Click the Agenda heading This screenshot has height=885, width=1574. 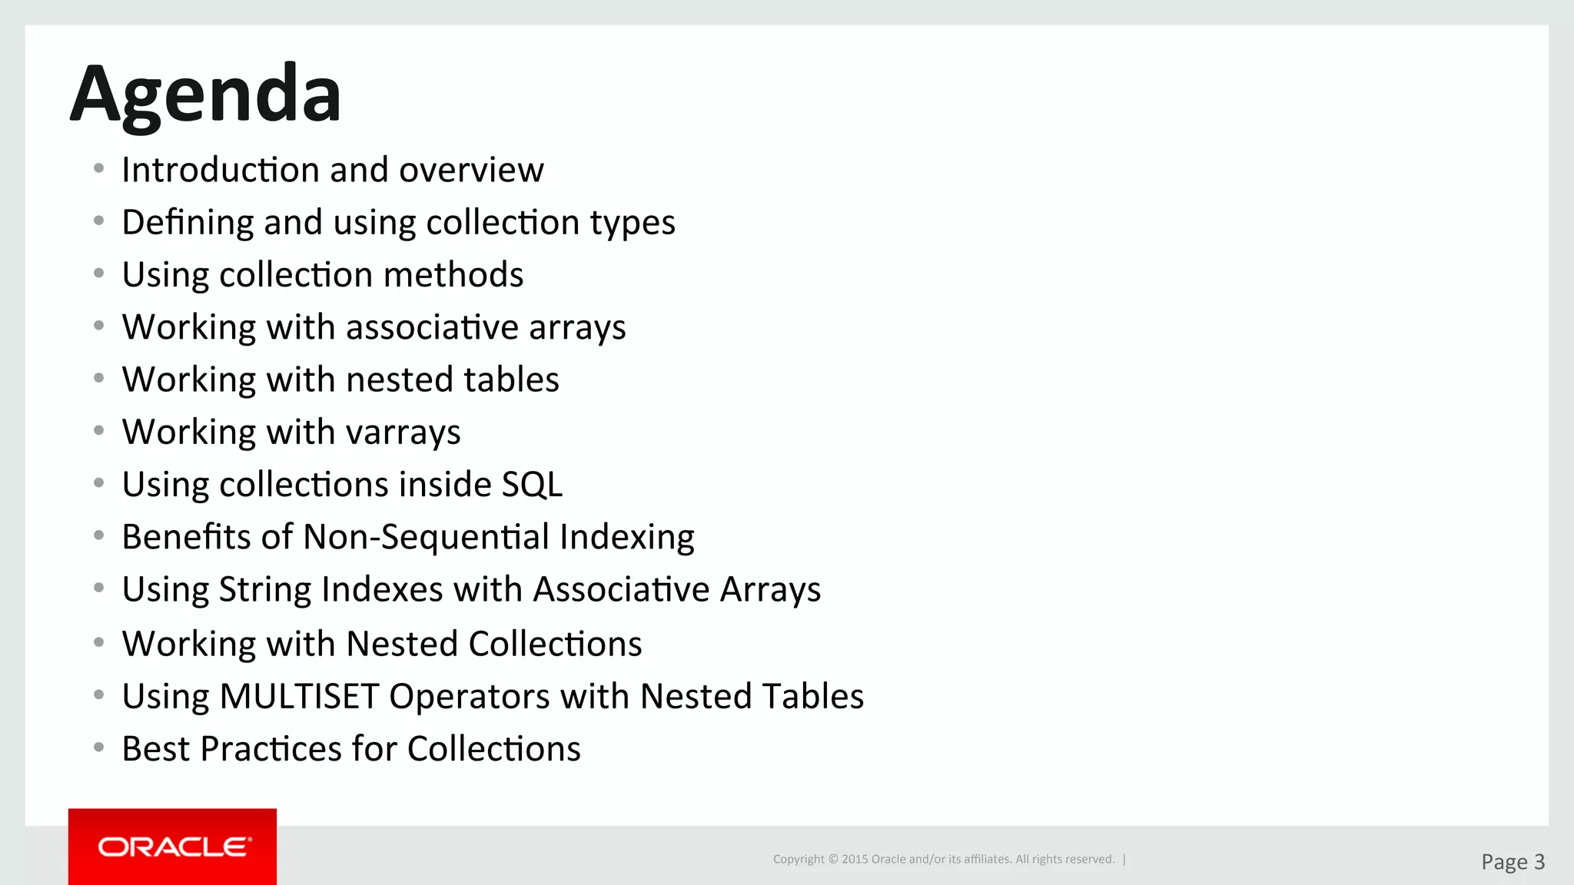pyautogui.click(x=205, y=95)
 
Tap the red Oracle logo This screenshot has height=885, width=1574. pyautogui.click(x=173, y=847)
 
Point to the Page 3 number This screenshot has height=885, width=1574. pyautogui.click(x=1513, y=862)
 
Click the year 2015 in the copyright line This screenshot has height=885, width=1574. pyautogui.click(x=855, y=860)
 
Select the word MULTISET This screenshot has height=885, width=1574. pyautogui.click(x=299, y=697)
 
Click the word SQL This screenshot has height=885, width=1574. pyautogui.click(x=532, y=485)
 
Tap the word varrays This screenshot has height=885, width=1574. pyautogui.click(x=403, y=433)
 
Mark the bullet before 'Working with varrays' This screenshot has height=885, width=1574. pyautogui.click(x=98, y=431)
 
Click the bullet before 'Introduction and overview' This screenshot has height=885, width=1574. pyautogui.click(x=98, y=168)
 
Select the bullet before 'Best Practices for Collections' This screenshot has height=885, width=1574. pyautogui.click(x=98, y=747)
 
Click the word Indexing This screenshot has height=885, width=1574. pyautogui.click(x=627, y=537)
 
